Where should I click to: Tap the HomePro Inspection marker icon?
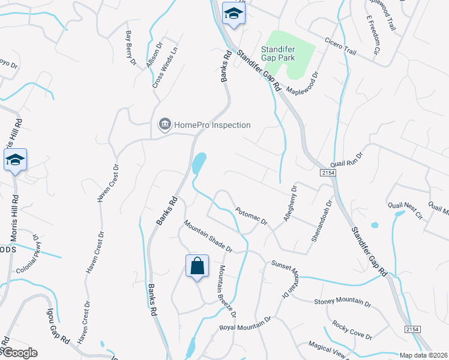[x=164, y=125]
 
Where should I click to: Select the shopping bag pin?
[x=197, y=266]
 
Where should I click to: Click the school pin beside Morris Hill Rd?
[x=15, y=160]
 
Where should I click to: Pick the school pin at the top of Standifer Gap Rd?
[x=232, y=14]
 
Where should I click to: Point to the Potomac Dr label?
[x=252, y=217]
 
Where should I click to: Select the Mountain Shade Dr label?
[x=208, y=236]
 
